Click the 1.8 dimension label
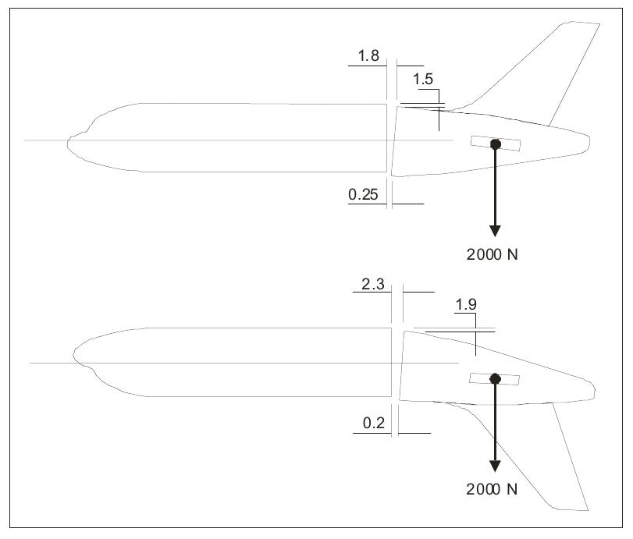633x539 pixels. (x=368, y=56)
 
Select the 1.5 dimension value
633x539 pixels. (x=423, y=80)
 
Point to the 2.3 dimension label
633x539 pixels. (x=373, y=285)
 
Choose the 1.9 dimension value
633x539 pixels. (x=465, y=306)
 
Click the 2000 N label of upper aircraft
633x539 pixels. (x=497, y=254)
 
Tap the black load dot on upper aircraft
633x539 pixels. (x=495, y=144)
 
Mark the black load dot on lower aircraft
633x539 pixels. (x=494, y=379)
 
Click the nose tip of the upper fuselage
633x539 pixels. (x=67, y=141)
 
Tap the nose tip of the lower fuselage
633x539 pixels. (x=73, y=360)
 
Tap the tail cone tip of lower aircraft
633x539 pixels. (x=596, y=387)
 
